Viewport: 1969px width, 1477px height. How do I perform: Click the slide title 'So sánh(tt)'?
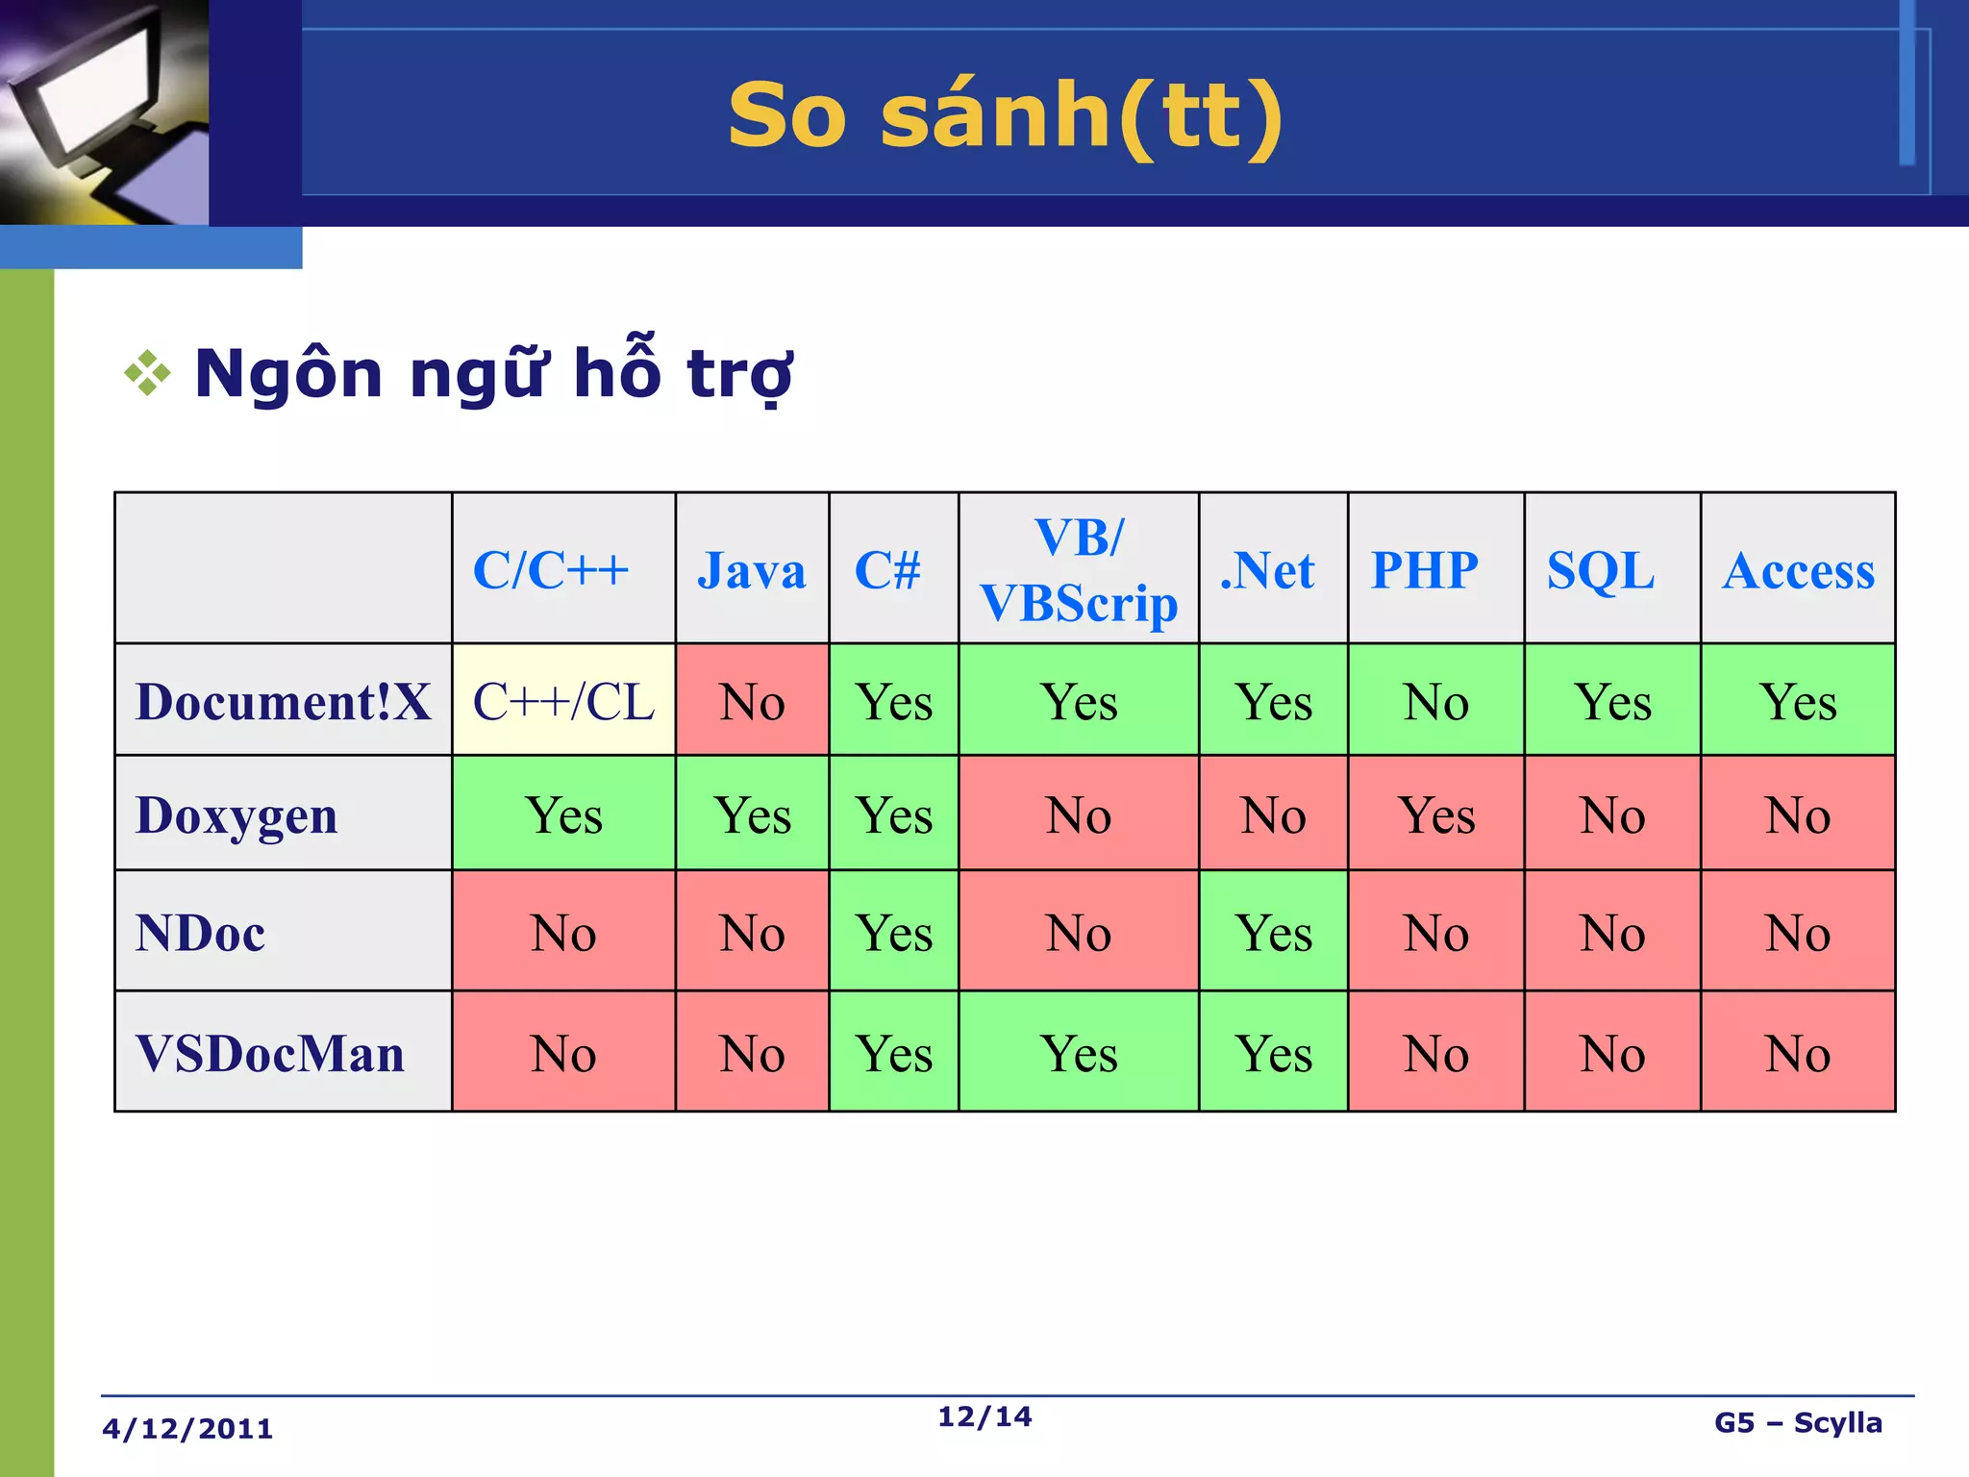(x=1005, y=115)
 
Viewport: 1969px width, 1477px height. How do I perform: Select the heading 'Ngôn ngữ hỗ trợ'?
(x=493, y=373)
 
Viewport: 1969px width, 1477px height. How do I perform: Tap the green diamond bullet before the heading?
(x=147, y=373)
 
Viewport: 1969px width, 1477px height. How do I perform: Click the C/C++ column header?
(x=551, y=570)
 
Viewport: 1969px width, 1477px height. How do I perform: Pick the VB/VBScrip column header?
(x=1079, y=570)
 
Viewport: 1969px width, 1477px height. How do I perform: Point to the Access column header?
(x=1798, y=570)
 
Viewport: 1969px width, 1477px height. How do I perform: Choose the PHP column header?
(x=1425, y=570)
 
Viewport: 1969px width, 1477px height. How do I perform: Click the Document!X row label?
(x=283, y=701)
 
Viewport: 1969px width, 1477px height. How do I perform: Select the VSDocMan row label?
(x=270, y=1053)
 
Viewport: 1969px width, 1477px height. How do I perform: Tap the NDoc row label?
(x=201, y=932)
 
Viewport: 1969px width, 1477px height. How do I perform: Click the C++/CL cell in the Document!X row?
(x=563, y=701)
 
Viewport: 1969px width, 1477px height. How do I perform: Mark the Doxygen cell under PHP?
(x=1436, y=815)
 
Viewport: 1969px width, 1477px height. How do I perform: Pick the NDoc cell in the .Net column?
(x=1274, y=932)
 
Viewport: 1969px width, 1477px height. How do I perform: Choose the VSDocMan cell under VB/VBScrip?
(x=1079, y=1053)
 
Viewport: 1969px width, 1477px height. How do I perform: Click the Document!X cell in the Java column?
(x=753, y=701)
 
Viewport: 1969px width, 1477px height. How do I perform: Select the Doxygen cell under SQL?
(x=1612, y=815)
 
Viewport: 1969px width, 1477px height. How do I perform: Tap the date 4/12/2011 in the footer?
(x=187, y=1429)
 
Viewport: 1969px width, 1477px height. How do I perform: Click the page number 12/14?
(x=984, y=1416)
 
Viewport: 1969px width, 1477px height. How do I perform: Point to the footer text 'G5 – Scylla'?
(x=1798, y=1423)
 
